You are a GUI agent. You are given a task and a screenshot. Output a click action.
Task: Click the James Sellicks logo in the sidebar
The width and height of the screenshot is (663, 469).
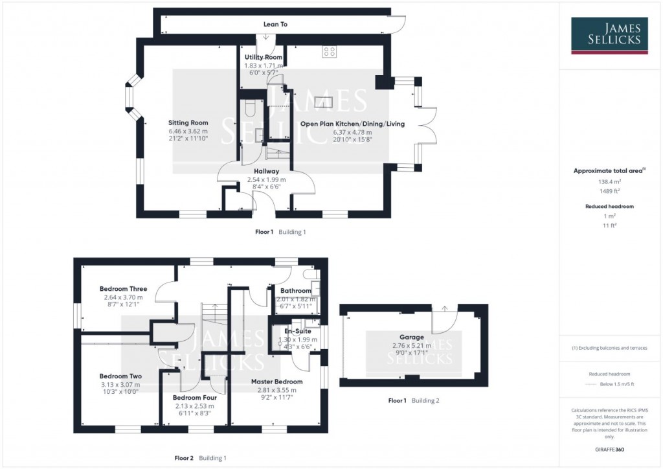point(609,36)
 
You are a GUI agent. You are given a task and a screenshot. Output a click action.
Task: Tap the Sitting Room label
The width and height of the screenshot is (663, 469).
point(188,122)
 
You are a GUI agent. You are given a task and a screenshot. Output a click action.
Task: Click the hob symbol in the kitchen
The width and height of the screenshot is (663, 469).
point(329,52)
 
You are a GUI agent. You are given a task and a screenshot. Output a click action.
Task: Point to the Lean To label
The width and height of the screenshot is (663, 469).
point(275,25)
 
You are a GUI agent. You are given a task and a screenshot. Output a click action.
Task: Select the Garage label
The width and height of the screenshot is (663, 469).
point(411,337)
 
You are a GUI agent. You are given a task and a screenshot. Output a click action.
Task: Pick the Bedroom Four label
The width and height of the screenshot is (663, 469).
point(192,397)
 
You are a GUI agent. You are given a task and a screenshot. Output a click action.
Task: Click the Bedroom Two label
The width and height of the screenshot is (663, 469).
point(120,376)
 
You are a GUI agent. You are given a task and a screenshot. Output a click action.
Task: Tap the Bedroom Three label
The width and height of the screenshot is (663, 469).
point(123,289)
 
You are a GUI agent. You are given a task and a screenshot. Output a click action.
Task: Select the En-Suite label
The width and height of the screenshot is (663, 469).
point(297,330)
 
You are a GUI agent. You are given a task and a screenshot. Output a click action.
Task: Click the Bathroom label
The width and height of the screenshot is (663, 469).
point(295,291)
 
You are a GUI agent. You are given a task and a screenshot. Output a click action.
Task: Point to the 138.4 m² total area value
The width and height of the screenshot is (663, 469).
point(609,182)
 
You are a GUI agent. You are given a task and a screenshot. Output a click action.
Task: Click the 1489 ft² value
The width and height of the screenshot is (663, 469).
point(609,191)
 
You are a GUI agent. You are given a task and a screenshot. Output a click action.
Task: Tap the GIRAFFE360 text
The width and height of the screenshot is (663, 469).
point(609,449)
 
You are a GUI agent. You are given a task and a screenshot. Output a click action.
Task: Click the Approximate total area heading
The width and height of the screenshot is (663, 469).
point(609,170)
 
